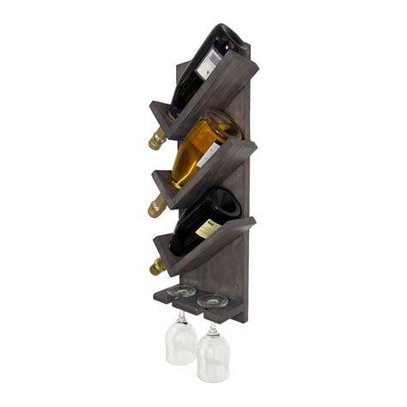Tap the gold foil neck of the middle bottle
157,206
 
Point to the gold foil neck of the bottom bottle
157,267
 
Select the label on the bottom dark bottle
209,227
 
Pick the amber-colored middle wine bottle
196,155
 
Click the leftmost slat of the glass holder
165,296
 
